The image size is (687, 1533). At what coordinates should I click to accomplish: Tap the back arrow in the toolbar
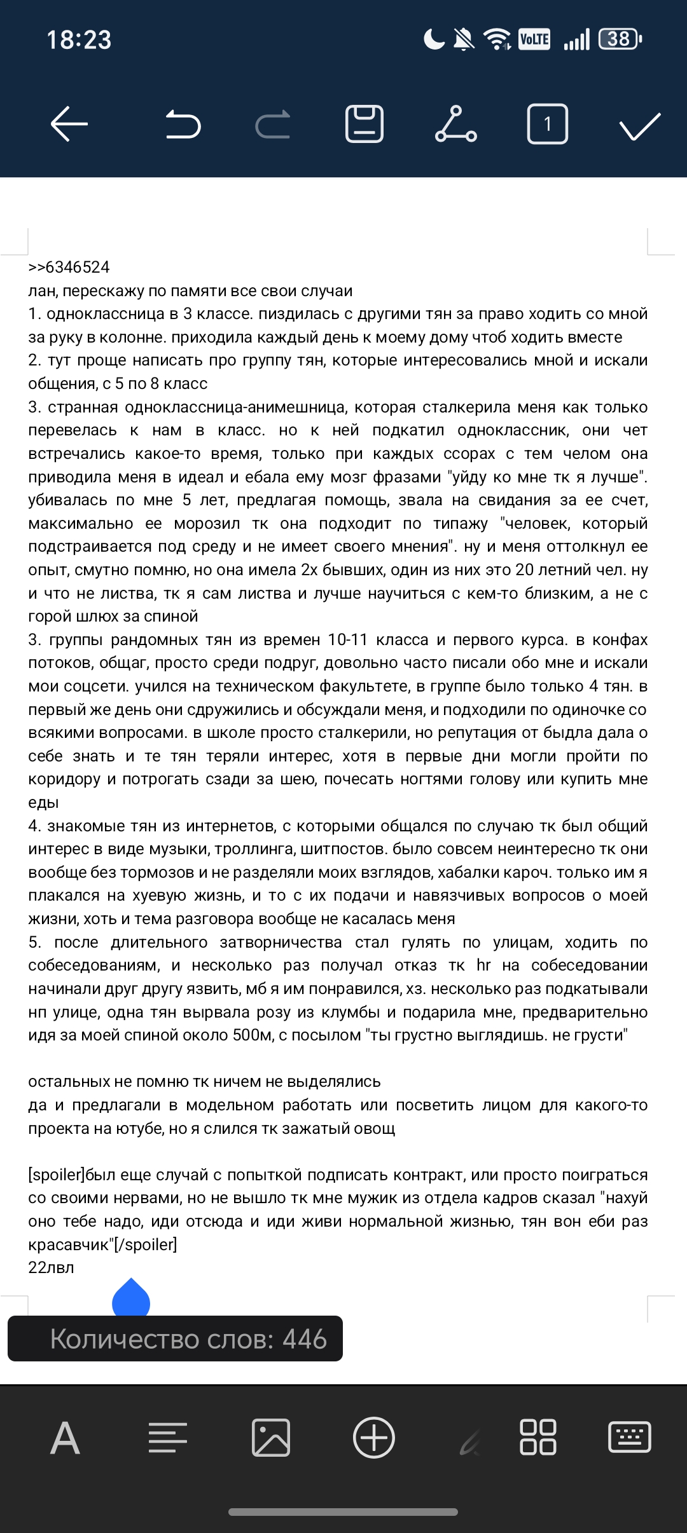(69, 123)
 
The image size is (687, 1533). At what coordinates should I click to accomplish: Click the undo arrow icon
(183, 123)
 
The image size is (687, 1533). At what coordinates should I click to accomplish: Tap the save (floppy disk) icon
(364, 123)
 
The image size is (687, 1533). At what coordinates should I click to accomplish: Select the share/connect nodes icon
(456, 123)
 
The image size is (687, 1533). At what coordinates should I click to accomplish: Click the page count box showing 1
(547, 123)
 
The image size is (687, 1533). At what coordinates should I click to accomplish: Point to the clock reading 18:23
(79, 40)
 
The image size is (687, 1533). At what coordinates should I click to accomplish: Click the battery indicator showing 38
(620, 39)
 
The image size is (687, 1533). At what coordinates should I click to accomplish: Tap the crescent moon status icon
(434, 39)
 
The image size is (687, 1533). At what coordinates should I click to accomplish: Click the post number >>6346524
(69, 267)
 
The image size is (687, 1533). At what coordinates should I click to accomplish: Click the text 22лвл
(51, 1267)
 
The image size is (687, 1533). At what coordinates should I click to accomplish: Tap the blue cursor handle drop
(131, 1298)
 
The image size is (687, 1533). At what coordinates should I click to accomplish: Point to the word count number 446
(305, 1339)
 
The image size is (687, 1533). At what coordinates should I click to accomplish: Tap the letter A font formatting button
(66, 1438)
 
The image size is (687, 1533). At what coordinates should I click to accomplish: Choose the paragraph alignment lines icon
(168, 1438)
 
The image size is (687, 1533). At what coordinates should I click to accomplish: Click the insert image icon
(271, 1438)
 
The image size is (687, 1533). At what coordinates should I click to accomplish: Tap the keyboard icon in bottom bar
(629, 1438)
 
